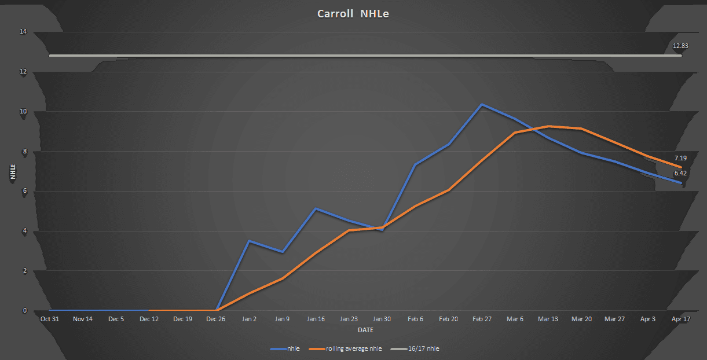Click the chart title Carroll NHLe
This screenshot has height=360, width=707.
[x=353, y=14]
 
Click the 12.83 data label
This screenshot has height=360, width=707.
[x=680, y=45]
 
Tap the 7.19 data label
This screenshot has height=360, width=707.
[x=680, y=158]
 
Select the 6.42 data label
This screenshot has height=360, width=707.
[x=680, y=173]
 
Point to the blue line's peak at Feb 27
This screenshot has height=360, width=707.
[x=481, y=105]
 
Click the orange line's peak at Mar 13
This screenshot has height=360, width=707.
[x=548, y=126]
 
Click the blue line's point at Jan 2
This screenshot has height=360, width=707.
[x=249, y=241]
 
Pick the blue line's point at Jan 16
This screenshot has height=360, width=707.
[x=315, y=208]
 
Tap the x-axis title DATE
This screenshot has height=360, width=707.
[x=365, y=330]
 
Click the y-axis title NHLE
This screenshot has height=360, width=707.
[x=13, y=171]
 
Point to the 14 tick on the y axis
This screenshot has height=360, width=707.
[x=23, y=32]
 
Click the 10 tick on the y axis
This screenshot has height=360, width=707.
[x=23, y=112]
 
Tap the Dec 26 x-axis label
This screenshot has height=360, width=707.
[x=215, y=319]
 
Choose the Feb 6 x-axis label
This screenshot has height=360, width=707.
[x=415, y=319]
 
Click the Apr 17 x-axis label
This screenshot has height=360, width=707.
[x=681, y=319]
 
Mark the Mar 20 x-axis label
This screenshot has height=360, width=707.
[x=581, y=319]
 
